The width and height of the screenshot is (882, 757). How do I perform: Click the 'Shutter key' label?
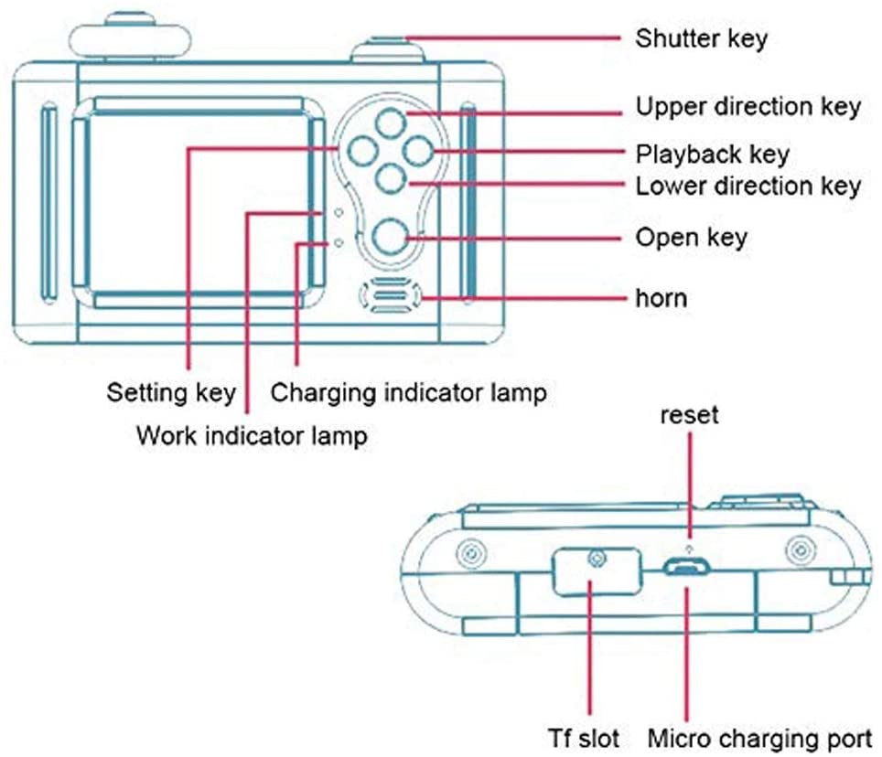pos(702,39)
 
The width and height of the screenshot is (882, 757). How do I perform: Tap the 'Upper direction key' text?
pos(748,107)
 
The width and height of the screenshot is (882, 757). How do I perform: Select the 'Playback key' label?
pos(712,154)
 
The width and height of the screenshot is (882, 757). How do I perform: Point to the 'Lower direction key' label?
pos(748,186)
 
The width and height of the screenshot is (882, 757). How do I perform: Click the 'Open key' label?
pos(692,238)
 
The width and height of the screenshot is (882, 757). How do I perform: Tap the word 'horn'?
pos(661,298)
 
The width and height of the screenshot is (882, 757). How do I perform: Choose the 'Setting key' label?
pos(171,392)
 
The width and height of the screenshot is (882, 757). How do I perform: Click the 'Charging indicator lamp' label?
pos(408,392)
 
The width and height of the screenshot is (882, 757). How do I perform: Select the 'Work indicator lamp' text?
pos(252,435)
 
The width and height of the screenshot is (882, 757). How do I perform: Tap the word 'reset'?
pos(690,415)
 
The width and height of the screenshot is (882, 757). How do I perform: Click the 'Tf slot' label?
pos(585,738)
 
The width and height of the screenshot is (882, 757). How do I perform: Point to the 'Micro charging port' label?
pos(760,739)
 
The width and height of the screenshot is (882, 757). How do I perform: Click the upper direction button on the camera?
pos(391,123)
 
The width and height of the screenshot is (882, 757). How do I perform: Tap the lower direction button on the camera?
pos(391,177)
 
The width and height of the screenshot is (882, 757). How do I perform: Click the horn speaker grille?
pos(391,295)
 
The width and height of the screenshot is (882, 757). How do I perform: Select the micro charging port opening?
pos(686,568)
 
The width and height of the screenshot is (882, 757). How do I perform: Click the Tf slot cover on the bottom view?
pos(597,571)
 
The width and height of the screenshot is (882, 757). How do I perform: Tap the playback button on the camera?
pos(418,151)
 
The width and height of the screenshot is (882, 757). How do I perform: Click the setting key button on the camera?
pos(362,151)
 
